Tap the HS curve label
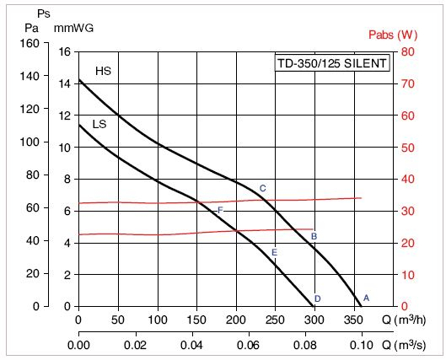point(103,72)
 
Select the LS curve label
point(99,124)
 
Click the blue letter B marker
point(314,236)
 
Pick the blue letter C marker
point(262,188)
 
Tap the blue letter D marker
point(317,298)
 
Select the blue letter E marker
point(274,252)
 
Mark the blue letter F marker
point(220,210)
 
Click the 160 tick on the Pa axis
point(30,43)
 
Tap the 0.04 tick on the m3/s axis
point(192,345)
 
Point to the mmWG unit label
point(74,27)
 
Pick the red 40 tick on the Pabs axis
point(406,179)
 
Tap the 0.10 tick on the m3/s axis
point(362,345)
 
